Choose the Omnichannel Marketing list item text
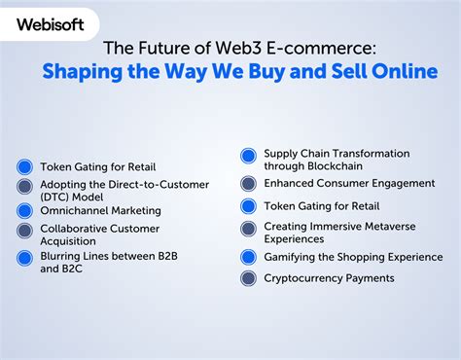tap(102, 209)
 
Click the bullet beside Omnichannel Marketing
tap(24, 209)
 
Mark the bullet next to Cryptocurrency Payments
tap(247, 278)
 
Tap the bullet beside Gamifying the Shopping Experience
tap(247, 257)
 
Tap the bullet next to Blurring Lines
tap(24, 258)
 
